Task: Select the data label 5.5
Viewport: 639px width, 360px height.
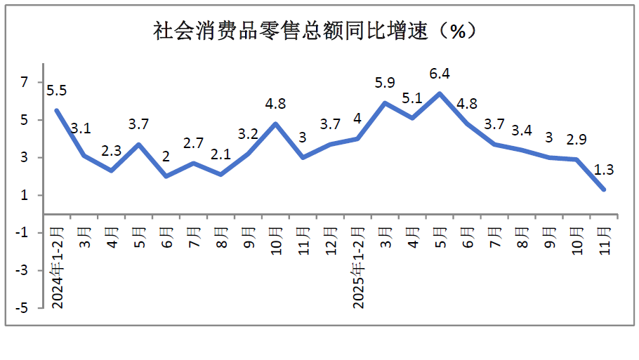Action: click(56, 91)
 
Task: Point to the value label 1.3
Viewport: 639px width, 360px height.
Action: click(604, 169)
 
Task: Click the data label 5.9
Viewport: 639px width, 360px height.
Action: click(385, 83)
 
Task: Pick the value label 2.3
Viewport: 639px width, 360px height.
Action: click(111, 150)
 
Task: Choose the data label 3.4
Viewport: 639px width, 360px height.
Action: click(521, 131)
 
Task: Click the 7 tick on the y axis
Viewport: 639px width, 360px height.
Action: click(25, 83)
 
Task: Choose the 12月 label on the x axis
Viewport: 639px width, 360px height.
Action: click(331, 240)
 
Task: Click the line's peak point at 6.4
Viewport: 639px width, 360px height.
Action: click(440, 93)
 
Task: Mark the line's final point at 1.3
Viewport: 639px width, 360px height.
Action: click(604, 189)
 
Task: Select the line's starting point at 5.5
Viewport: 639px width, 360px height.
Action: click(57, 110)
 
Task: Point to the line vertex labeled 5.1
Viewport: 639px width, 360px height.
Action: click(412, 118)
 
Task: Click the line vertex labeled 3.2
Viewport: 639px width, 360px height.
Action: click(249, 154)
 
